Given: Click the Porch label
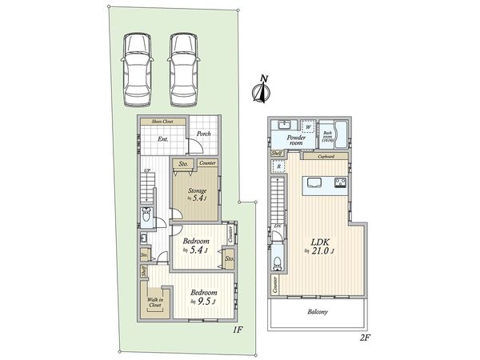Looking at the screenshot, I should click(204, 134).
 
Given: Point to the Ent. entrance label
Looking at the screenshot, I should click(162, 140).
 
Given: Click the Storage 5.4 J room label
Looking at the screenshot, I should click(198, 193).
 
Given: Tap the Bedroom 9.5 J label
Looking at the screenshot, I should click(203, 298).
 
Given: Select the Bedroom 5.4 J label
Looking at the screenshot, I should click(195, 244).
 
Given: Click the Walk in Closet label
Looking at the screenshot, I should click(155, 302).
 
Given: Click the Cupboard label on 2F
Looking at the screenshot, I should click(326, 157).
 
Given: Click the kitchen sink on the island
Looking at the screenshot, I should click(312, 184).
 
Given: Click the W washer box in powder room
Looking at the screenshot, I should click(307, 125).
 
